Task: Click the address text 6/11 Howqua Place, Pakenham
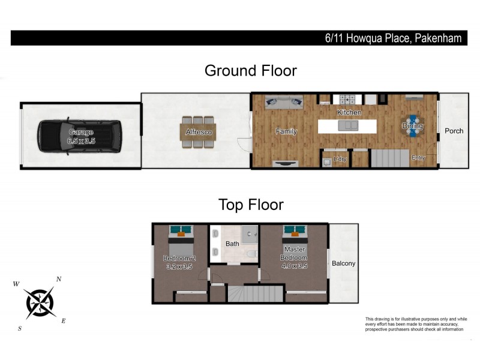393,38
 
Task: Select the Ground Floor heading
250,70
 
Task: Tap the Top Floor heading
250,205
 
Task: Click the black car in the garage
79,136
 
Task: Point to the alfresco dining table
199,132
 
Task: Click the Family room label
286,131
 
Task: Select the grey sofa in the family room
284,102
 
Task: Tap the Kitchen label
349,113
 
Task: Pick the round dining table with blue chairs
413,126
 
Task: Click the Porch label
454,131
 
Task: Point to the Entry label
418,158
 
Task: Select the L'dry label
340,159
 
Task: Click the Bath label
232,244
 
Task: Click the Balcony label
344,263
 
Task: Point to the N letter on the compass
58,279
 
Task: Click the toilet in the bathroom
250,254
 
